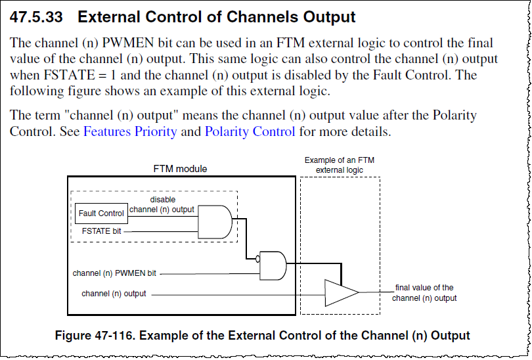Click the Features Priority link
(x=130, y=131)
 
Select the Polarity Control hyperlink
(x=250, y=131)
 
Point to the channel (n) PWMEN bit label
(x=114, y=273)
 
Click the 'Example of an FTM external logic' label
(x=340, y=165)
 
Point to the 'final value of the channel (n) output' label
(x=424, y=292)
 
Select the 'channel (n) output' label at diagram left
(x=114, y=293)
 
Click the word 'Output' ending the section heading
(x=332, y=18)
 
